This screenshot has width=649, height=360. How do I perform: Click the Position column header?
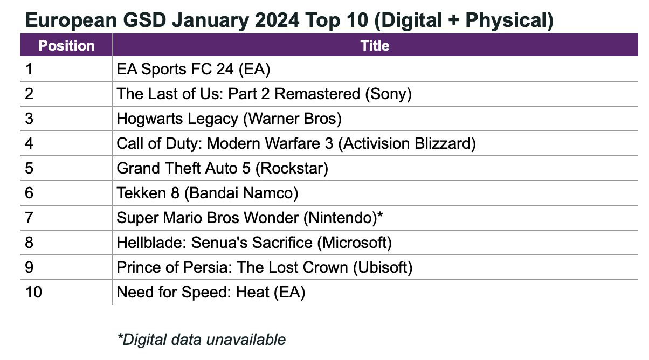click(x=66, y=45)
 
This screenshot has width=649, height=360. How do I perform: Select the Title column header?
click(x=375, y=45)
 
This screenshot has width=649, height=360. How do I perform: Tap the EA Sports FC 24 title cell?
click(x=194, y=70)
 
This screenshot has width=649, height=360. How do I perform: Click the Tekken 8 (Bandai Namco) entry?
click(x=208, y=193)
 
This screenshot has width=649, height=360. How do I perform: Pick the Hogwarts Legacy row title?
click(x=229, y=119)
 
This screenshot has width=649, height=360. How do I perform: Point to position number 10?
click(x=33, y=292)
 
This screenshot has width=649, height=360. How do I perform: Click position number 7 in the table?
click(x=29, y=218)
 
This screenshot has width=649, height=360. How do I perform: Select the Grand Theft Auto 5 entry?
click(x=222, y=168)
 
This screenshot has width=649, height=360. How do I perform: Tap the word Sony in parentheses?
click(x=388, y=94)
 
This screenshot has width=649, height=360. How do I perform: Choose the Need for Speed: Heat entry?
click(x=211, y=292)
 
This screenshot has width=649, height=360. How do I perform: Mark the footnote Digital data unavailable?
click(x=201, y=340)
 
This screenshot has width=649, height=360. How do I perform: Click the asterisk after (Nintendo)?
click(x=380, y=216)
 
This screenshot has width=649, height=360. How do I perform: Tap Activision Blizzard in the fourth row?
click(x=408, y=143)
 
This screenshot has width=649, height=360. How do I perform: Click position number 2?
click(x=29, y=94)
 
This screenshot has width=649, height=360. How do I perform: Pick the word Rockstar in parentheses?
click(x=292, y=168)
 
